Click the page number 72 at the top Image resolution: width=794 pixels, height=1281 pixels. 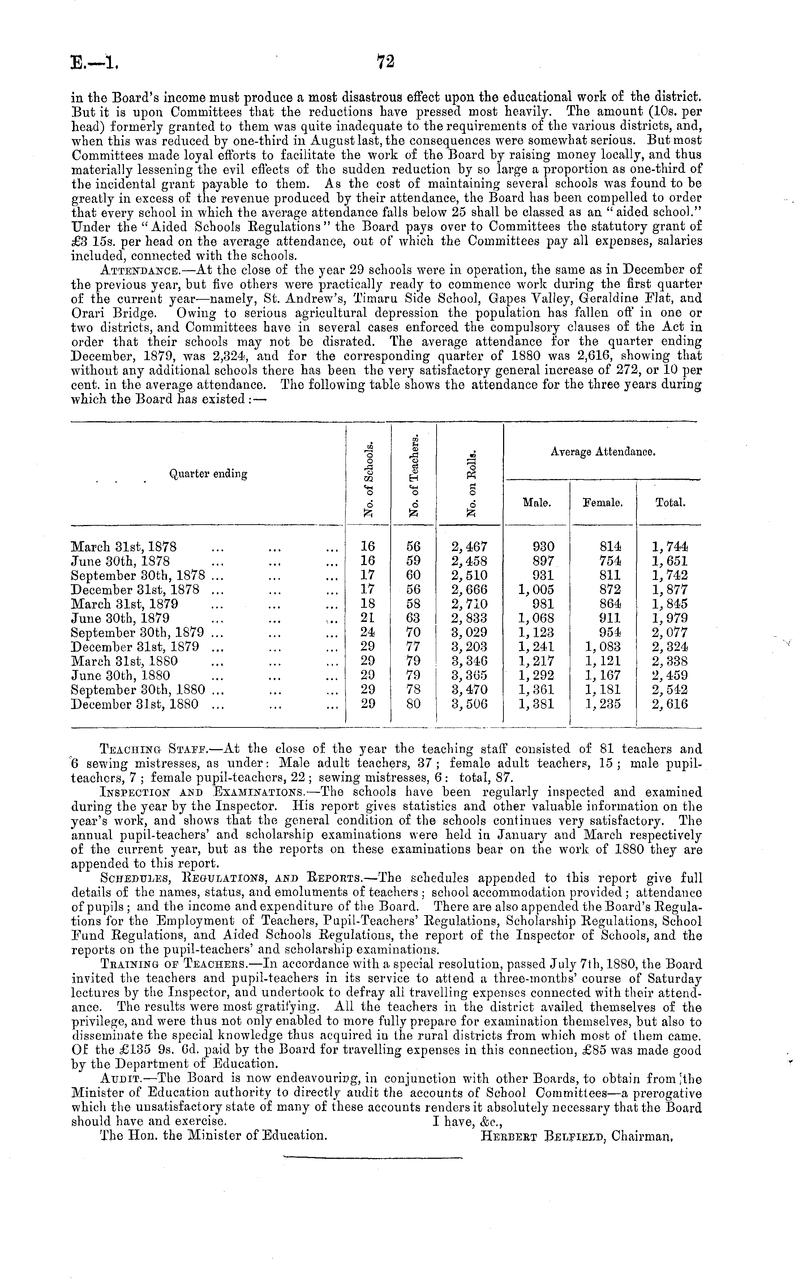pos(386,62)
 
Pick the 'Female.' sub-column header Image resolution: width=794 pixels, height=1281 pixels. pos(603,503)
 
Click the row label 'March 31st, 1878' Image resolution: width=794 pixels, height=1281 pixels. pos(124,547)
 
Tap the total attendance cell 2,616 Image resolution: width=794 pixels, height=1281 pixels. pos(670,704)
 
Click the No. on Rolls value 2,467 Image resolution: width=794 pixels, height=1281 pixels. pos(469,547)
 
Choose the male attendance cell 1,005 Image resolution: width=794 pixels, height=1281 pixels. pos(536,590)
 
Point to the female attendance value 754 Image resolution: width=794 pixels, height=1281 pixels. pos(610,561)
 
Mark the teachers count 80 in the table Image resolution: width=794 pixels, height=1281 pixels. pos(414,704)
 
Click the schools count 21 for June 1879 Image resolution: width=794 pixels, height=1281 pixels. pos(368,618)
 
